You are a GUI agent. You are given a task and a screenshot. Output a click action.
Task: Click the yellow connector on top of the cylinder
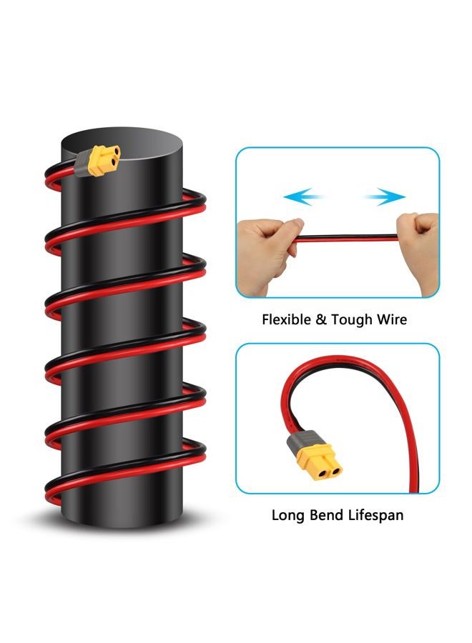click(104, 159)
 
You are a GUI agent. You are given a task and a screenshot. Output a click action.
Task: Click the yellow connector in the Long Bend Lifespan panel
click(320, 462)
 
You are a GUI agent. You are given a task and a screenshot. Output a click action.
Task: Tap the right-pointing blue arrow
click(385, 196)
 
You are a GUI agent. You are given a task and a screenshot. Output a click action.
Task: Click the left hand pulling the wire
click(267, 254)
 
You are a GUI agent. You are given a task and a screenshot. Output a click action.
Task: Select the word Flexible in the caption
click(286, 319)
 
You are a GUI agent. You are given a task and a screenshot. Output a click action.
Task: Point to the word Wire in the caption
click(392, 319)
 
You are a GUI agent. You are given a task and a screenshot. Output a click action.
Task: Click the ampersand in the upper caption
click(320, 319)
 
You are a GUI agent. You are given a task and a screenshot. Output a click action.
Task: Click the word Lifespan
click(375, 515)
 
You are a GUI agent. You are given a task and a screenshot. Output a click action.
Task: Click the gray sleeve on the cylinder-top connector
click(82, 163)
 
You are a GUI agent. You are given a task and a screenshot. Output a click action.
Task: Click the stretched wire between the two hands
click(347, 238)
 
